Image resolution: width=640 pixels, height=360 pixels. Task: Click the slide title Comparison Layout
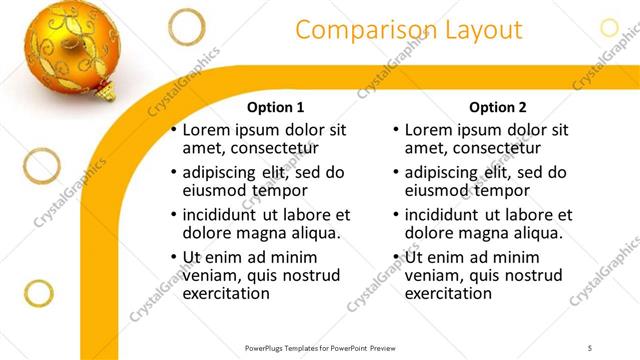point(409,30)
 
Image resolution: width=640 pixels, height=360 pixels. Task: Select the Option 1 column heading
point(275,107)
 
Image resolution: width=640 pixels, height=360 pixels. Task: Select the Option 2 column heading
point(497,107)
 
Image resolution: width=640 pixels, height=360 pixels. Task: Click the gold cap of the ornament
point(105,90)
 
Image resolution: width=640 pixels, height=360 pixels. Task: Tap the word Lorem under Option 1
point(207,129)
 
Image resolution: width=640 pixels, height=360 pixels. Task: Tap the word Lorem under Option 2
point(429,129)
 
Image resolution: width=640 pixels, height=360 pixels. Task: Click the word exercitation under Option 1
point(226,293)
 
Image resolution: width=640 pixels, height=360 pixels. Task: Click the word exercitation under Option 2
point(448,293)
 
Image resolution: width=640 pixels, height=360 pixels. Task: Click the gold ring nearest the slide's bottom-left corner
point(38,294)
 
